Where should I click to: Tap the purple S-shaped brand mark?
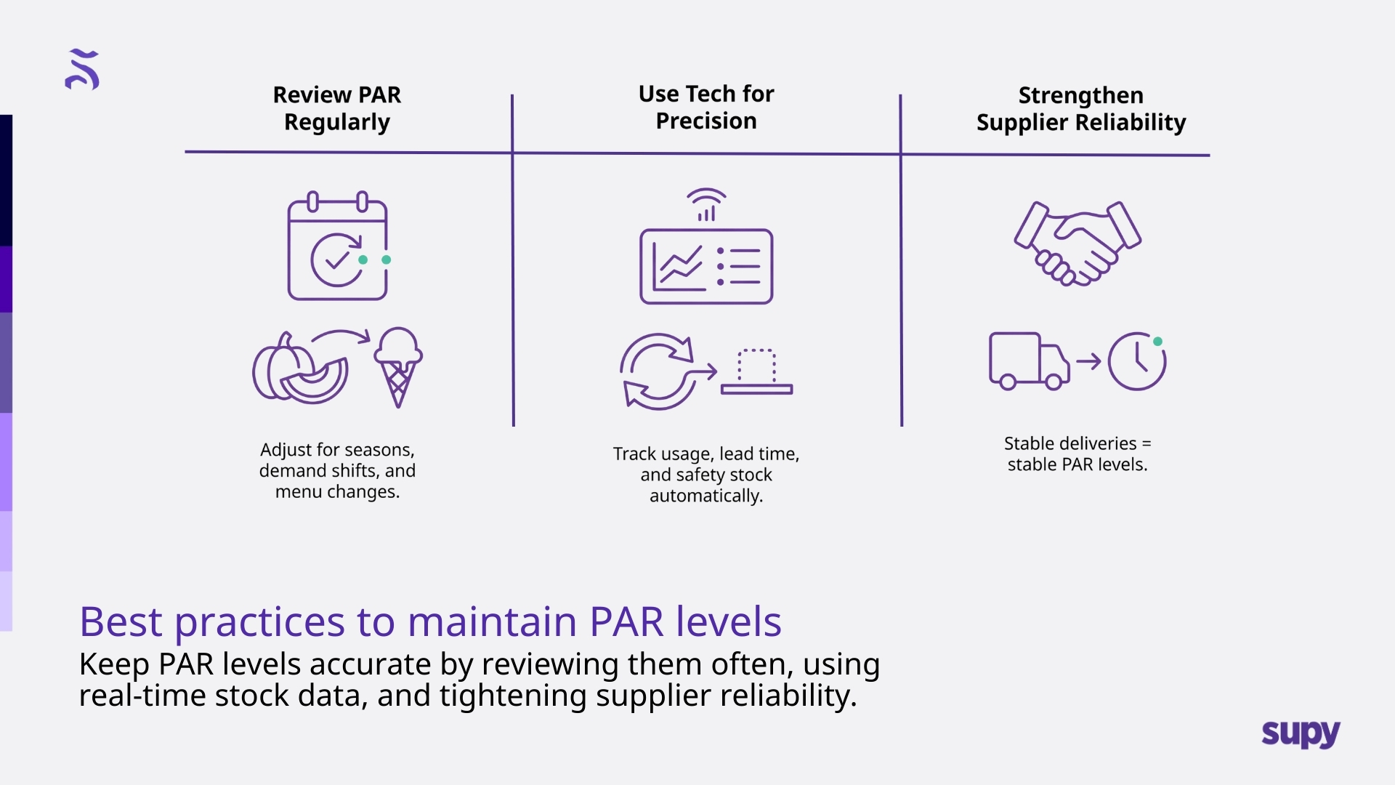click(x=82, y=70)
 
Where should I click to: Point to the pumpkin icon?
click(x=298, y=369)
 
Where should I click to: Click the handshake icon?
click(x=1077, y=243)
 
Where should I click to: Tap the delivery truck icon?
click(x=1027, y=361)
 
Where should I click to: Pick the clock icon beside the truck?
click(x=1136, y=361)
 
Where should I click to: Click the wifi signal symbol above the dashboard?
click(x=706, y=204)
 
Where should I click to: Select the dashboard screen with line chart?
click(x=706, y=267)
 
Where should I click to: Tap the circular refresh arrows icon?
click(x=658, y=371)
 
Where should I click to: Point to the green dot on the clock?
click(x=1157, y=342)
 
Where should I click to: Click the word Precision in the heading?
click(x=706, y=121)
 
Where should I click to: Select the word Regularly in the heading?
click(x=337, y=122)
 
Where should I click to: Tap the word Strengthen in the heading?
click(x=1080, y=95)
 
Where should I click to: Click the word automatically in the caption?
click(x=705, y=496)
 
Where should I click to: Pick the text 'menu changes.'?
click(x=337, y=491)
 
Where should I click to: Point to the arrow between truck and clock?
click(x=1088, y=361)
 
